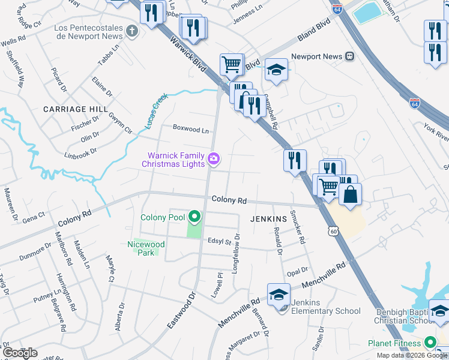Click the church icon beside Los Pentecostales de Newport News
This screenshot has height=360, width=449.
[132, 29]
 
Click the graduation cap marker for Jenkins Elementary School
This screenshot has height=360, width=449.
[279, 295]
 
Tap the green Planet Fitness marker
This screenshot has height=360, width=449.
[430, 343]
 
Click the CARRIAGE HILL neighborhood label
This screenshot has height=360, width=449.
[75, 109]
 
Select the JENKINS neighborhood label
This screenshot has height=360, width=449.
[260, 220]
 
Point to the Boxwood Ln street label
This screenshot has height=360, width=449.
[191, 128]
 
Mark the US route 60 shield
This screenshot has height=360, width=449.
[333, 230]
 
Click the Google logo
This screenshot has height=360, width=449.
[20, 353]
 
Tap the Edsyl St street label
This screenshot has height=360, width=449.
[219, 242]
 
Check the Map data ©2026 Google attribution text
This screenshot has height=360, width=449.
[412, 355]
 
